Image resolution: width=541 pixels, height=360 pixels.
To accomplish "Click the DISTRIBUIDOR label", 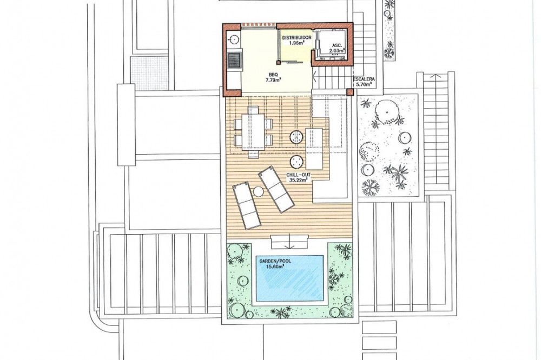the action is pos(296,38).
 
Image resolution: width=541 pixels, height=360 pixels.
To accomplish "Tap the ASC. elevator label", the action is pos(337,45).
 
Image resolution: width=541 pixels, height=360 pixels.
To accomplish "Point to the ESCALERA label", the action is pos(364,79).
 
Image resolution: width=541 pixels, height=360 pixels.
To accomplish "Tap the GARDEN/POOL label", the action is pos(275,261).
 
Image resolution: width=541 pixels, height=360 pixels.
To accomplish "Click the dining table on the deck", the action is pos(253,131).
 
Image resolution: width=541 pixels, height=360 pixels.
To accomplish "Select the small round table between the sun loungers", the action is pos(258,191).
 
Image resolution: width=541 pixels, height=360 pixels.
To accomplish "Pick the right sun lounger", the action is pos(276,189).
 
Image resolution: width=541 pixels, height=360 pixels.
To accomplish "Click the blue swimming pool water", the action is pos(289,278).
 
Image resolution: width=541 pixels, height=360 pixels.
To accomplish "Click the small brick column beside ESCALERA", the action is pos(350,92).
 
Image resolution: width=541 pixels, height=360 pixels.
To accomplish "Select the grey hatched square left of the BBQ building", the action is pos(149,74).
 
